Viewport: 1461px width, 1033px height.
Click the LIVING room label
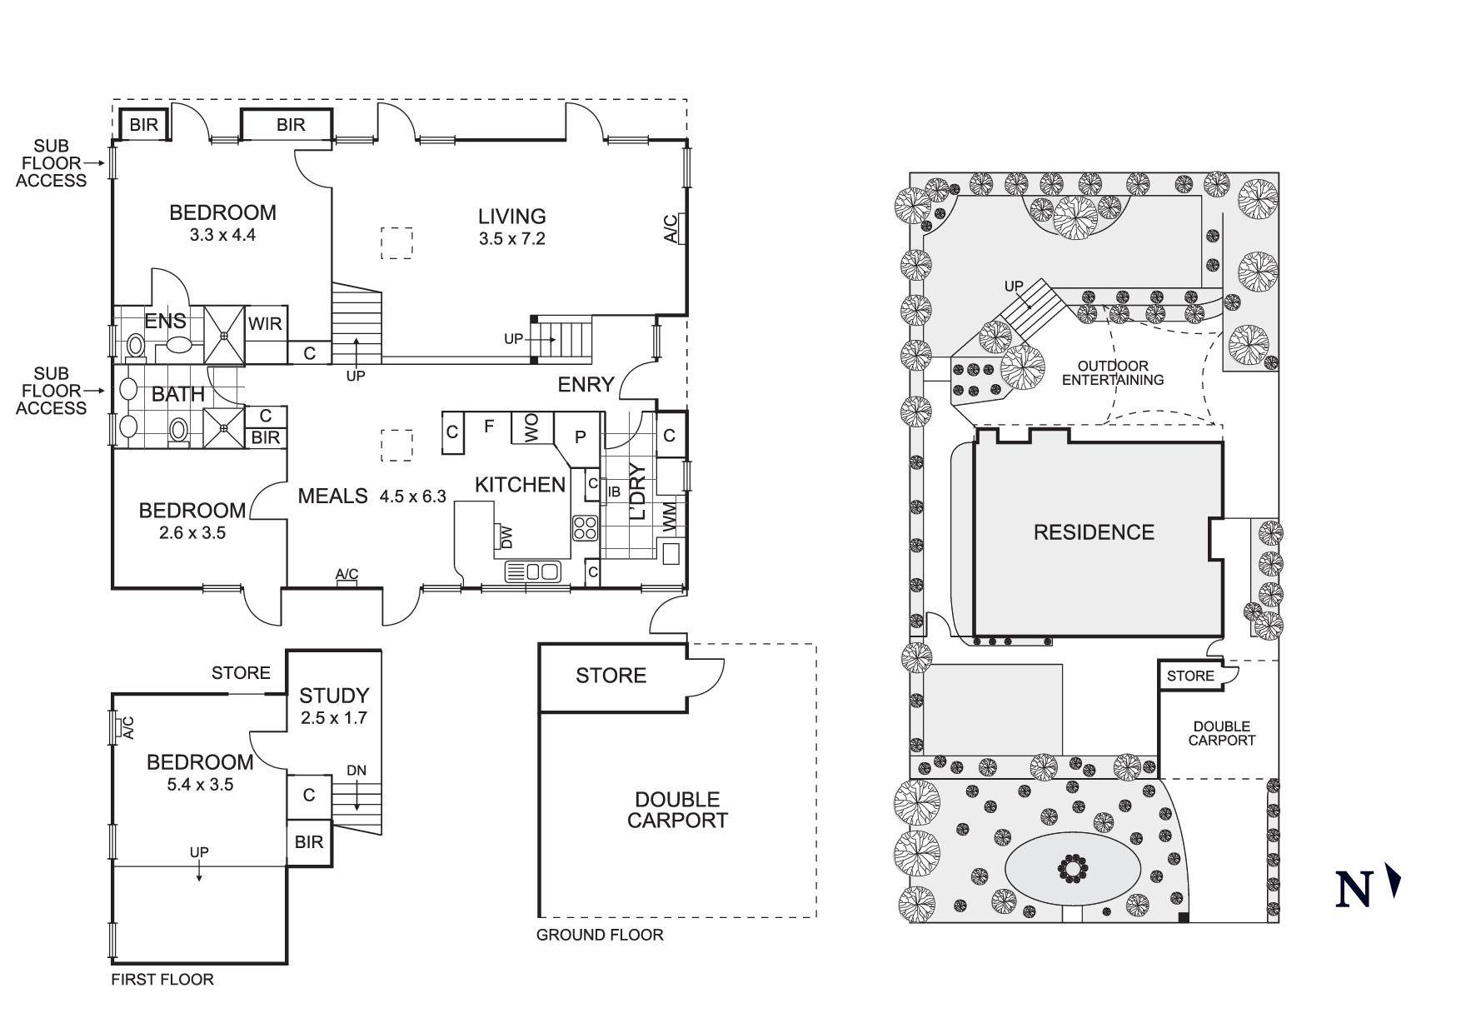(511, 217)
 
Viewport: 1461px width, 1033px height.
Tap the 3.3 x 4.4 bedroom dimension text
(222, 235)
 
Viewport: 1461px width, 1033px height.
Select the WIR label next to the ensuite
(266, 323)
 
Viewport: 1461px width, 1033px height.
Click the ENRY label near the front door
(586, 385)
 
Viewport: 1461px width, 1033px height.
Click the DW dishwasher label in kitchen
(506, 537)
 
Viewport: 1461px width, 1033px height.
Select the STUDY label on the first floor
(334, 696)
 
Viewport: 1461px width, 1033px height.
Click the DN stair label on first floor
(357, 771)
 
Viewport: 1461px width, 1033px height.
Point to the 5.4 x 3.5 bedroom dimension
(200, 785)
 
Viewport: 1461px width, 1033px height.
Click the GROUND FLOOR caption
(600, 935)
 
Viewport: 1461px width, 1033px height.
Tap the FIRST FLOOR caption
(162, 980)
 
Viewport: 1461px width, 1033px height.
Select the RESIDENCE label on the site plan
(1094, 532)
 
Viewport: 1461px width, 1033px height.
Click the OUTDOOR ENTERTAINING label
(1112, 373)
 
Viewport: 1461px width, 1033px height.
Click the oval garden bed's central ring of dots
(1073, 869)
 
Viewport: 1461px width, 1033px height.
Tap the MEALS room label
(332, 497)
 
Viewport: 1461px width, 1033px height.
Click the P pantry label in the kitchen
(581, 437)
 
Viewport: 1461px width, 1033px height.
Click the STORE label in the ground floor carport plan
(611, 676)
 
